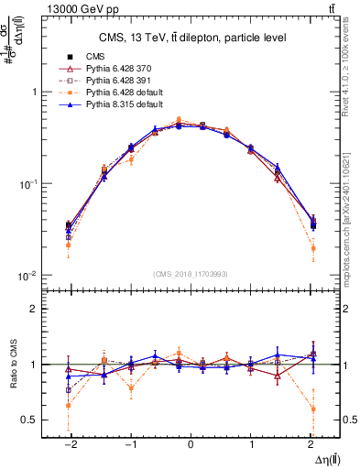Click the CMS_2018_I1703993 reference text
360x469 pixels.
pyautogui.click(x=190, y=274)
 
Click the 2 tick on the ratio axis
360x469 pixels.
pyautogui.click(x=38, y=309)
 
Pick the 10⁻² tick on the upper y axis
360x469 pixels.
pyautogui.click(x=30, y=276)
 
